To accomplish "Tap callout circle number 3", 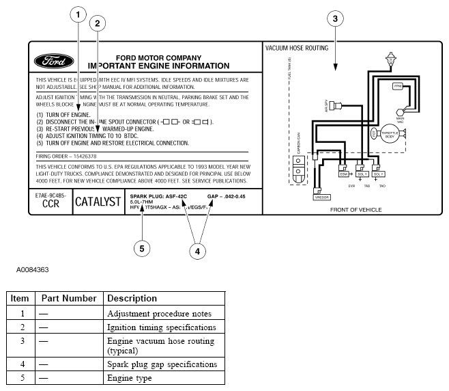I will point(334,18).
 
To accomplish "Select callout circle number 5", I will point(141,249).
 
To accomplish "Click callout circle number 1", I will point(79,14).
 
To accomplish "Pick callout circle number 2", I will point(98,23).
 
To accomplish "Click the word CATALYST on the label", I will point(98,202).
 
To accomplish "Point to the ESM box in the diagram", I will point(344,174).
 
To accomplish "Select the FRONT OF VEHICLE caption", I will point(356,209).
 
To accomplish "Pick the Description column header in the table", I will point(132,298).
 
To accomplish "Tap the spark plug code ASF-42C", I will point(176,195).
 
